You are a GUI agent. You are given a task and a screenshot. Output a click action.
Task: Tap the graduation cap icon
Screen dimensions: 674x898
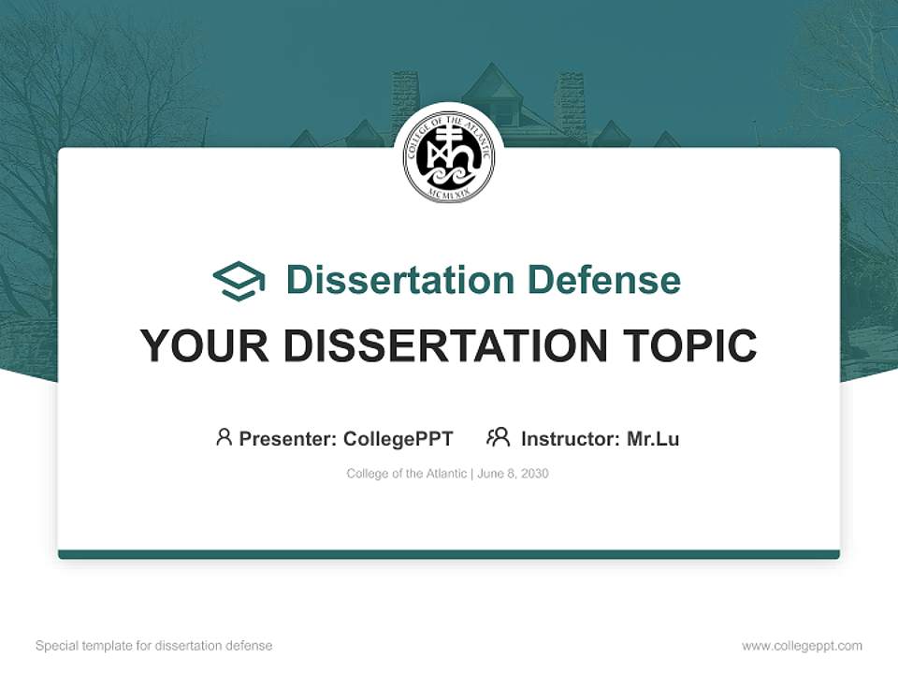click(x=239, y=280)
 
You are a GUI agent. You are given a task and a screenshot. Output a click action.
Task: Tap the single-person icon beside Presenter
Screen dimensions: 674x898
click(x=224, y=437)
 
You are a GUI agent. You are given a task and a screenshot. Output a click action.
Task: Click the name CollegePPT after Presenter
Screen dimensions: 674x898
click(x=398, y=438)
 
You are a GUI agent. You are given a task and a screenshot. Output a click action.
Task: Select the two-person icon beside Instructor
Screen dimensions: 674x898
click(x=498, y=437)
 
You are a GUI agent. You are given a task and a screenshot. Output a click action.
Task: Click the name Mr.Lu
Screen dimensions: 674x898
click(x=653, y=438)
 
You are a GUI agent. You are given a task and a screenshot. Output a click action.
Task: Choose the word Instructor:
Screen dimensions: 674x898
click(x=570, y=438)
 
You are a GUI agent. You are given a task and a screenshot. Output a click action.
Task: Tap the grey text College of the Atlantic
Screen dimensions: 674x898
click(x=406, y=474)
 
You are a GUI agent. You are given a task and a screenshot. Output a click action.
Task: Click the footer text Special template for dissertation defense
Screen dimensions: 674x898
click(x=153, y=646)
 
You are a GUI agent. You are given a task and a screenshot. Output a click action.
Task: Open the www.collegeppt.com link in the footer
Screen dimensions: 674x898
click(x=802, y=646)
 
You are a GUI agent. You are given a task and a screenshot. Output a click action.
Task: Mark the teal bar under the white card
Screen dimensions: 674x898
click(x=449, y=554)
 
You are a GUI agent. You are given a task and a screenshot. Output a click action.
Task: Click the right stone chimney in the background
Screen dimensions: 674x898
click(x=569, y=105)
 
